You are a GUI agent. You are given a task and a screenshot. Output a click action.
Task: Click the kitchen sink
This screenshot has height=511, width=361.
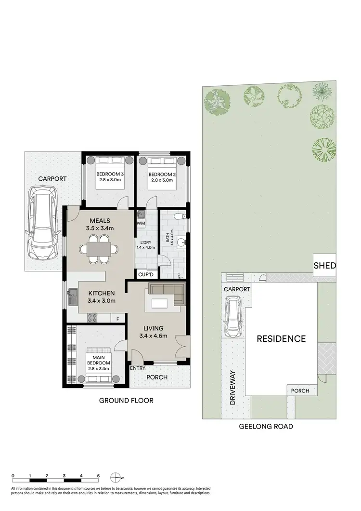pos(72,296)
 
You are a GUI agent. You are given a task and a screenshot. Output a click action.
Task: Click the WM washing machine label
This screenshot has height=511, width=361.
pos(141,223)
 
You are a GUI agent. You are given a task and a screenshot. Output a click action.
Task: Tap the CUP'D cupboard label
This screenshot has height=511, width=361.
pos(145,274)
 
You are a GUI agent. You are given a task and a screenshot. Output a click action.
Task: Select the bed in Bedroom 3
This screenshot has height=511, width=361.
pos(109,173)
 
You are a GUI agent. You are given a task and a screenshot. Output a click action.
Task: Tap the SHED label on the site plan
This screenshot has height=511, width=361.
pos(324,265)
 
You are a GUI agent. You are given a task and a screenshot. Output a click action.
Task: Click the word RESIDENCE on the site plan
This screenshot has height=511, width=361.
pos(281,338)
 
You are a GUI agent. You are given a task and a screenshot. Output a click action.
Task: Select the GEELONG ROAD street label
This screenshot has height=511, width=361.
pos(266,427)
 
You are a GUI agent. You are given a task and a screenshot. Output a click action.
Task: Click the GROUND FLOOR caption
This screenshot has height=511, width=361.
pos(126,400)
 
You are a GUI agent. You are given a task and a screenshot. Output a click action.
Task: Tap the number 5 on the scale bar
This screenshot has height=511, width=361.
pos(98,475)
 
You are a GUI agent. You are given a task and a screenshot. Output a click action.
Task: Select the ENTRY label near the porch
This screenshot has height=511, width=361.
pos(138,368)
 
